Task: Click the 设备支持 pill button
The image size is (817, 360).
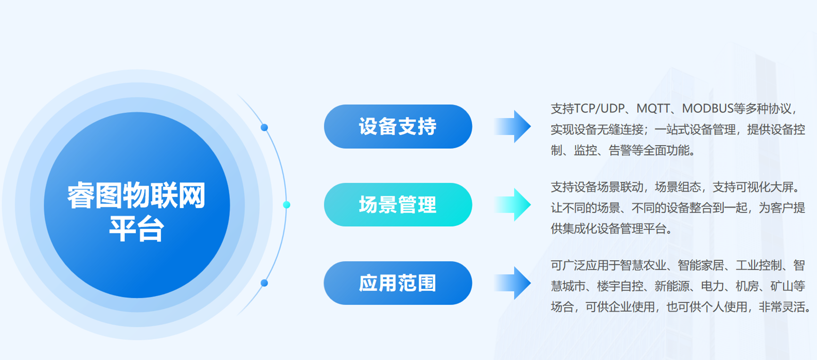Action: click(398, 127)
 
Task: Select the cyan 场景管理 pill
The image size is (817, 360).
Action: click(398, 205)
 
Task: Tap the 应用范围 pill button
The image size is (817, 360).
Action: click(398, 283)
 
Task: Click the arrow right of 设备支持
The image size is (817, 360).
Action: click(512, 127)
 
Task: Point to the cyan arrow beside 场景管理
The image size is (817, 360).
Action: click(512, 205)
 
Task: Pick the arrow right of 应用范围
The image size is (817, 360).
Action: click(512, 283)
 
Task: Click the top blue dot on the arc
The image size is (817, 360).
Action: click(264, 128)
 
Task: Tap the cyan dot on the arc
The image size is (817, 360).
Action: click(287, 205)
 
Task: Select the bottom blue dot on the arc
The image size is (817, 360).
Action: click(264, 283)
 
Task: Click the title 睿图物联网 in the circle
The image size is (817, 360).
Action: click(136, 196)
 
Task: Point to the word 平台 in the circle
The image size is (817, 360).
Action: click(136, 229)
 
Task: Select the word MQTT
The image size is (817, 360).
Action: click(653, 109)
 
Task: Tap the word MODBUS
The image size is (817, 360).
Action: click(708, 109)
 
